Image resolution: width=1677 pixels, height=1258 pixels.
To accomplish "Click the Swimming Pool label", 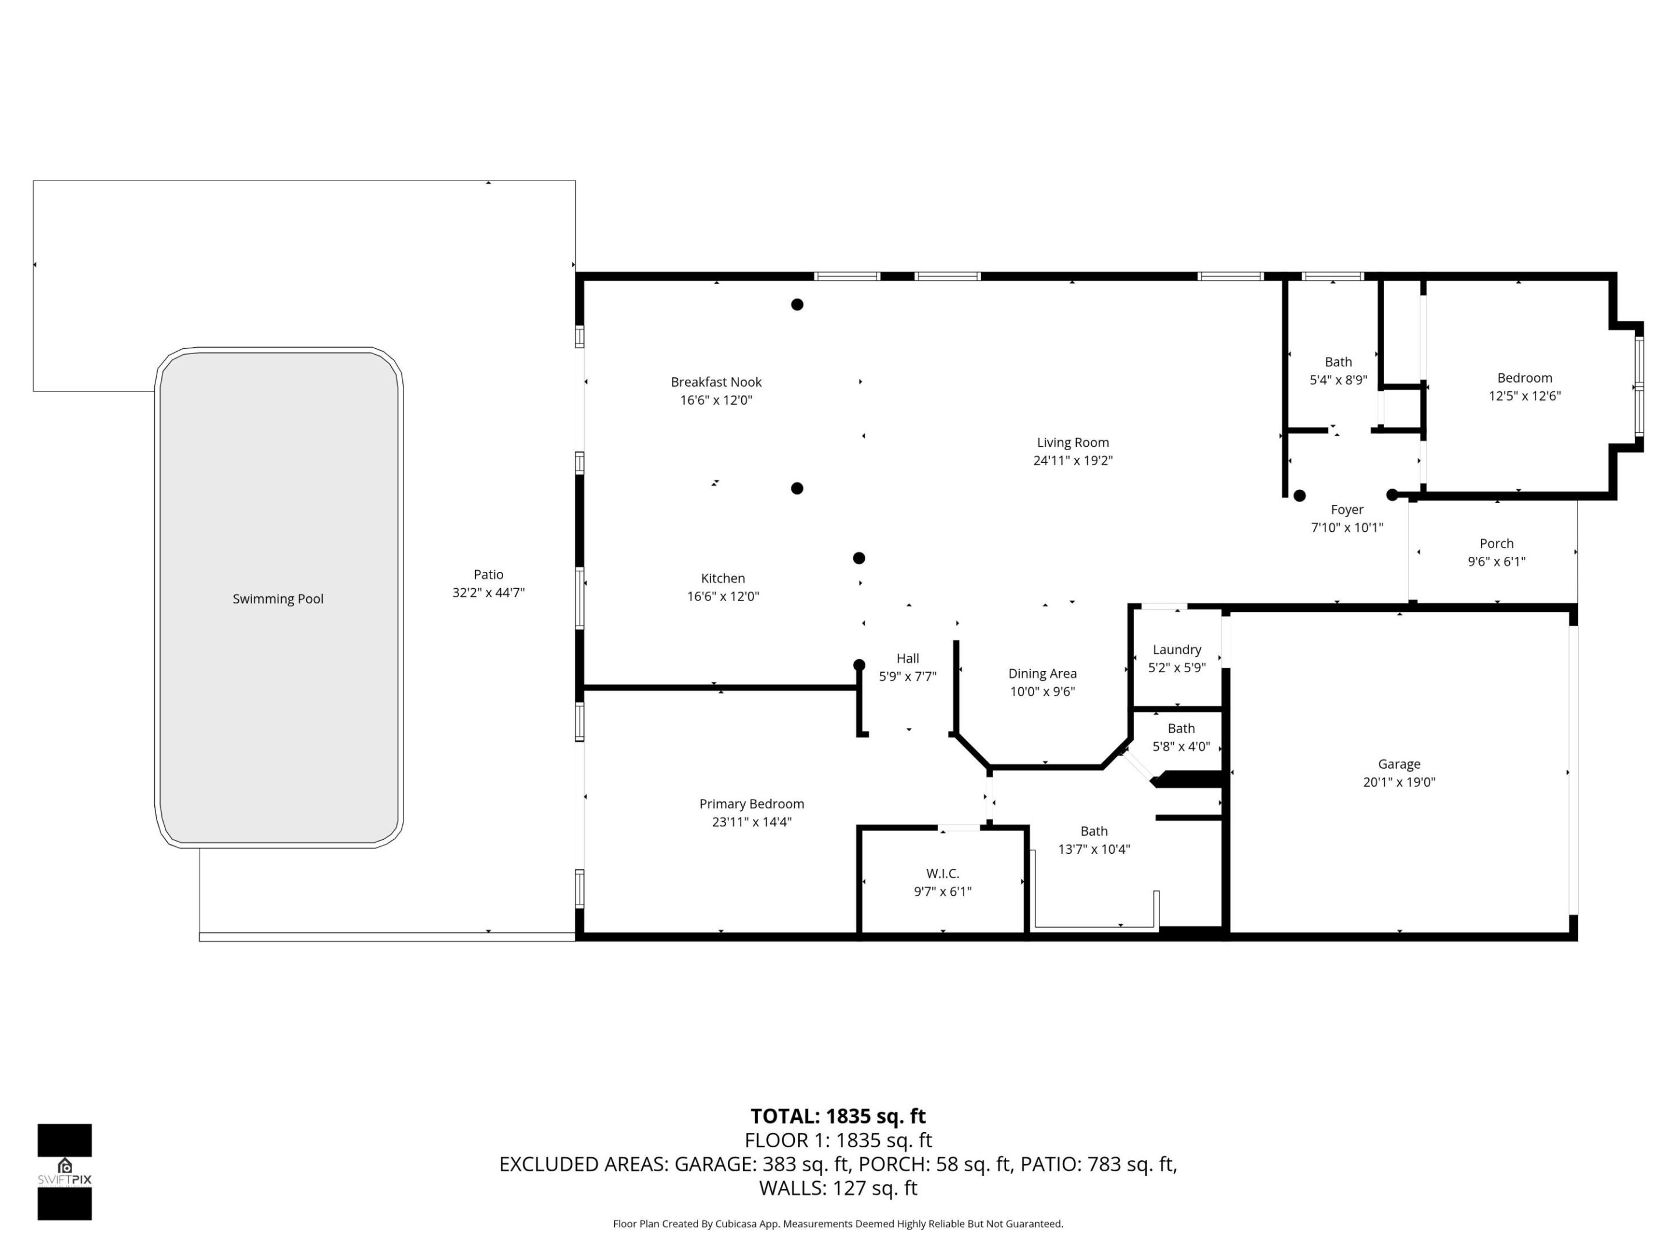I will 278,599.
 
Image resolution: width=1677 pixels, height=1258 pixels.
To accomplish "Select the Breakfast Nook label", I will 716,382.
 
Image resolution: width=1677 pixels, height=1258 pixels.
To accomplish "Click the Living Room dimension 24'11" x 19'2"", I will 1072,460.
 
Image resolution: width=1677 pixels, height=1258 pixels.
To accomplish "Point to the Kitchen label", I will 723,578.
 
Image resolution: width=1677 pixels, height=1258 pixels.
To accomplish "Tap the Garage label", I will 1399,764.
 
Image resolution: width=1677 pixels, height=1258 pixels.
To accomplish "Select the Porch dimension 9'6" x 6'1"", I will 1496,562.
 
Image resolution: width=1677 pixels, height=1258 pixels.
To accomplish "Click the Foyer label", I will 1346,510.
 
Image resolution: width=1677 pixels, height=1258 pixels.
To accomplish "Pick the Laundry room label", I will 1177,650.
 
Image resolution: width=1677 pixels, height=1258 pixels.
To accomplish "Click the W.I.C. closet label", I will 942,874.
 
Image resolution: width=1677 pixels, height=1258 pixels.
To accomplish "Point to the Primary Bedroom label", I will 751,804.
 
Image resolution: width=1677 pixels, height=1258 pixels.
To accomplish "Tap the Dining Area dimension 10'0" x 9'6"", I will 1042,691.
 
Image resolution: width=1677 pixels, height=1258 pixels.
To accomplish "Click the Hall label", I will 907,658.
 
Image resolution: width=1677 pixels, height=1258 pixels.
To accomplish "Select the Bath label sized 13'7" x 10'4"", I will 1093,831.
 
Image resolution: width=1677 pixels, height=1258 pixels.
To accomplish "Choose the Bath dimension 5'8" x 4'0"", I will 1180,747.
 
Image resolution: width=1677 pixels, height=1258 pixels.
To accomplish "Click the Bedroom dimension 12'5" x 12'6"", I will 1524,396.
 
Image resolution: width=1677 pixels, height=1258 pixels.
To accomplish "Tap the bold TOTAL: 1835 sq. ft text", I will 838,1116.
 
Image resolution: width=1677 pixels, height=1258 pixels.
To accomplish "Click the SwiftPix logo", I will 65,1172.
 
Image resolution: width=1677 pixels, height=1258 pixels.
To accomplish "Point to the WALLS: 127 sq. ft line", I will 838,1188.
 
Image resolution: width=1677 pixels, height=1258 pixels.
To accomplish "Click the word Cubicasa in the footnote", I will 737,1224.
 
